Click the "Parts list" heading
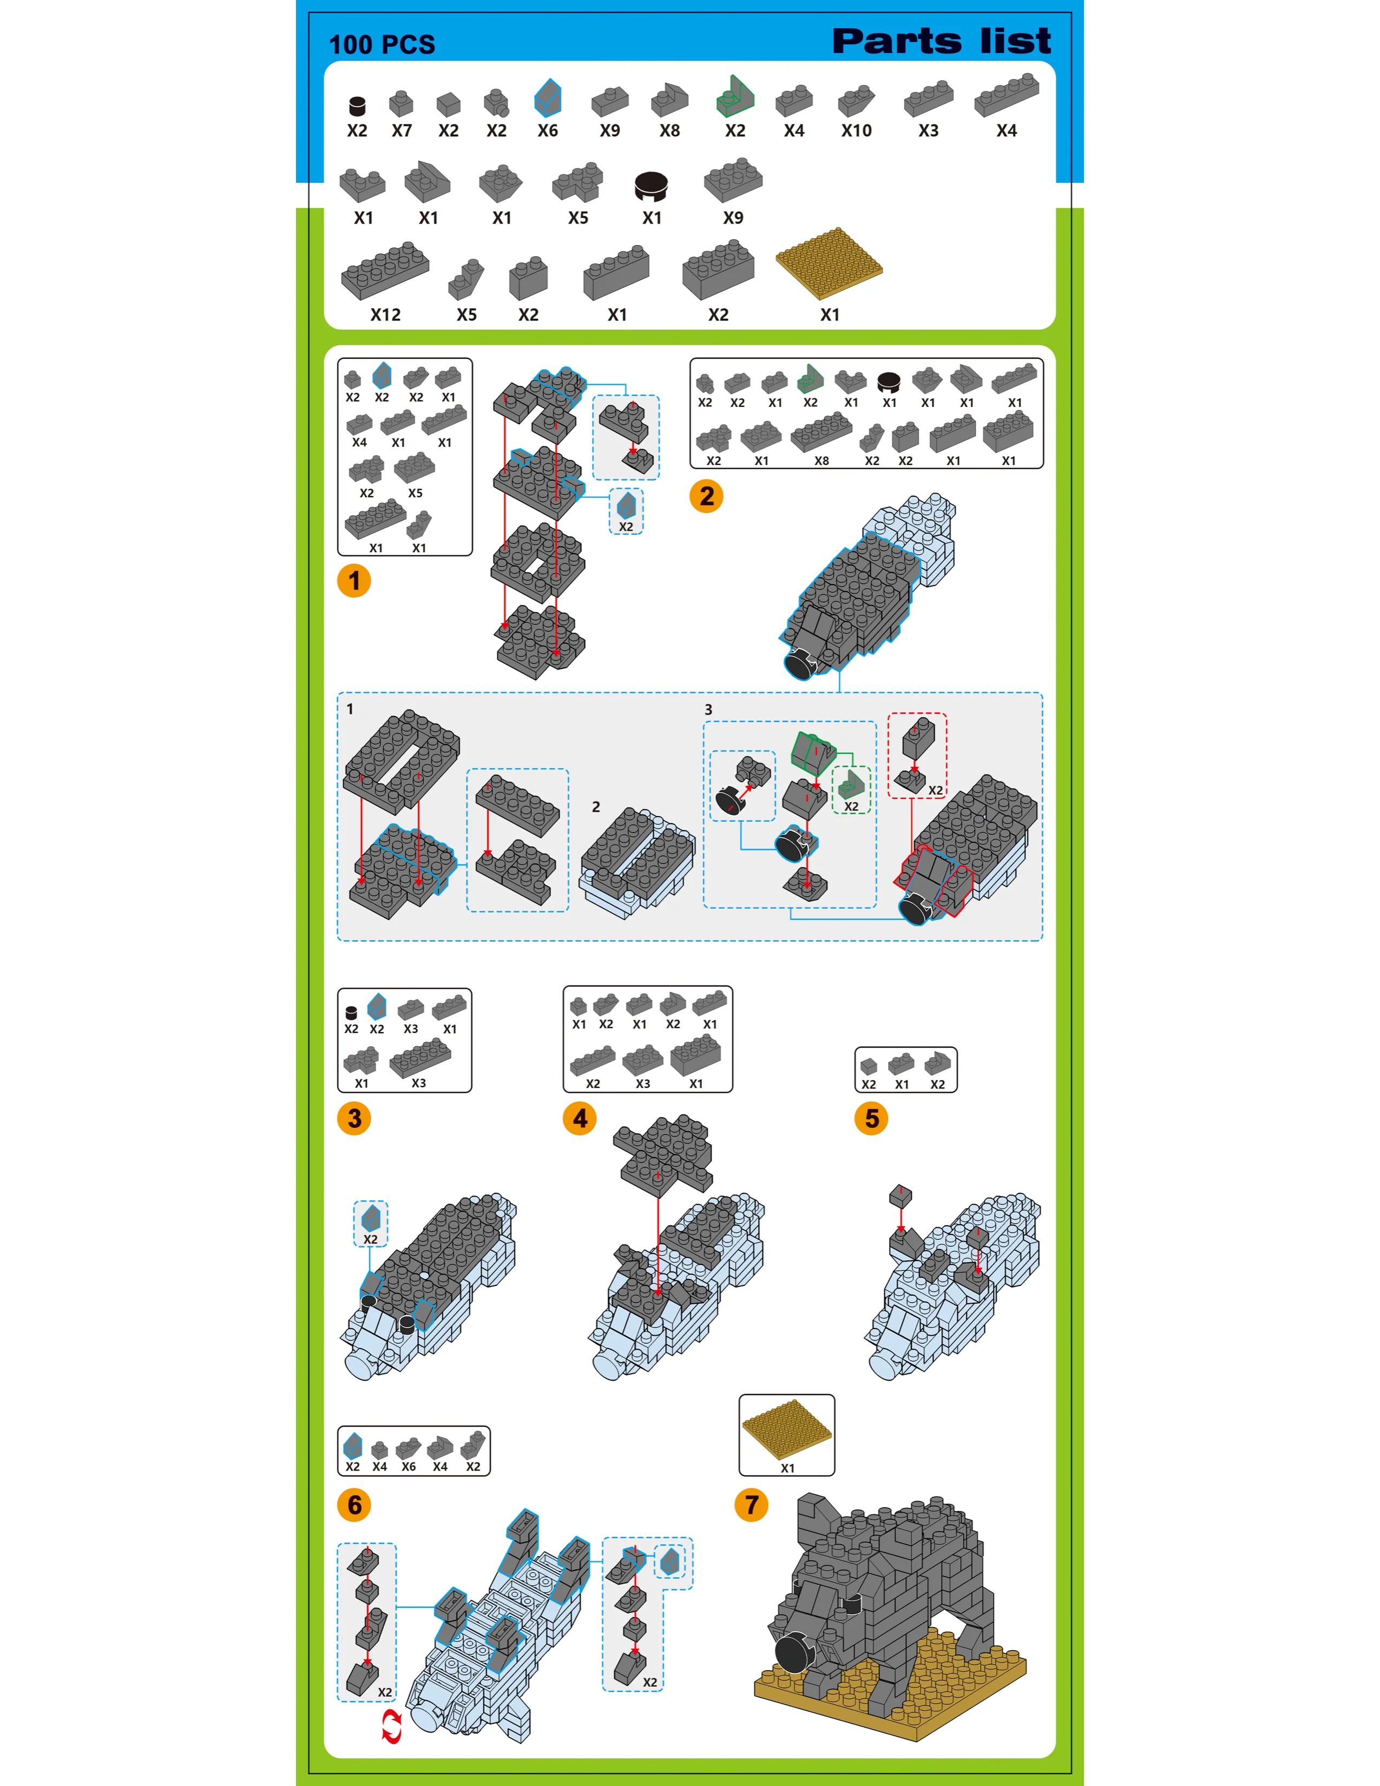click(x=941, y=41)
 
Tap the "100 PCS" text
click(x=382, y=44)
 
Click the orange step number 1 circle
click(x=354, y=581)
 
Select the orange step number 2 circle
click(x=706, y=496)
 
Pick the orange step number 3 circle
click(x=354, y=1118)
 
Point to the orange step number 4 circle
click(x=580, y=1118)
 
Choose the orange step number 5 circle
click(x=871, y=1118)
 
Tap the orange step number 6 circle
click(x=354, y=1505)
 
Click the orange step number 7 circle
click(x=751, y=1505)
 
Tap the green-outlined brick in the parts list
click(x=735, y=96)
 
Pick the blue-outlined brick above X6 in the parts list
click(x=548, y=97)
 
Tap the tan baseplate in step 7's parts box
click(x=786, y=1428)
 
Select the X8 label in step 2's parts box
click(x=822, y=461)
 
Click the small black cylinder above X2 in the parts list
click(x=357, y=106)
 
